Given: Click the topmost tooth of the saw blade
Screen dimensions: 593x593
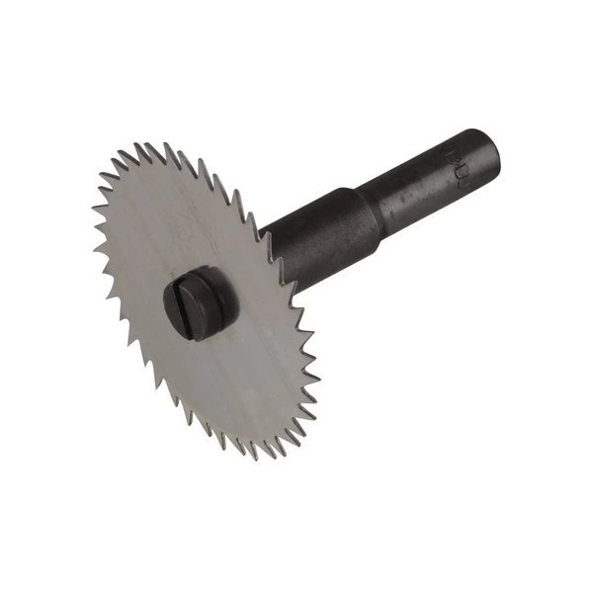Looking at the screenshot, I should point(148,146).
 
